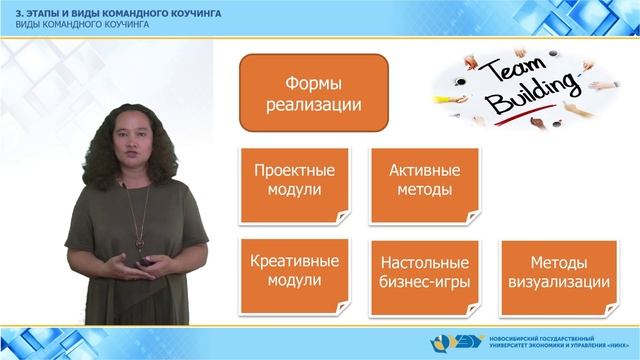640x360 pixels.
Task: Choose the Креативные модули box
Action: [x=295, y=272]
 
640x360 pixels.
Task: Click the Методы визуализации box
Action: [x=557, y=272]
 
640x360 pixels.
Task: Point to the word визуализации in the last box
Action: [x=557, y=283]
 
